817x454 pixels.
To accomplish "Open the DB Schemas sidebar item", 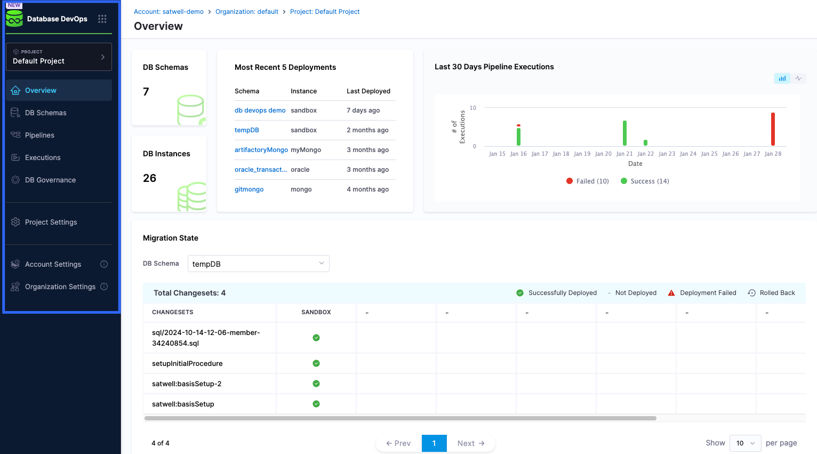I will [x=45, y=113].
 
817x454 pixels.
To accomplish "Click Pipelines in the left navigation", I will [x=39, y=135].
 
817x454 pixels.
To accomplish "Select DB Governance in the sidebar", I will [x=50, y=180].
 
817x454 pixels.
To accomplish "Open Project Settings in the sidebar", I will [x=51, y=222].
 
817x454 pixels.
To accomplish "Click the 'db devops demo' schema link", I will [x=260, y=110].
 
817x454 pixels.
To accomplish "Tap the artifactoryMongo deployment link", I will [x=261, y=150].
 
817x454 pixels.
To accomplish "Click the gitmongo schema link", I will [x=249, y=189].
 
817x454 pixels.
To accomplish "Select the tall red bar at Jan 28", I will [x=773, y=129].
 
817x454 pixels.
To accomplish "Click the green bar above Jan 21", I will [x=624, y=133].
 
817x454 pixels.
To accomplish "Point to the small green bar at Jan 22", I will [x=645, y=142].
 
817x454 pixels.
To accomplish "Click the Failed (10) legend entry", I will [x=588, y=181].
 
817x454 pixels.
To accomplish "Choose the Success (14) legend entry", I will [x=645, y=181].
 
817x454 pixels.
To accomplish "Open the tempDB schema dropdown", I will [x=258, y=264].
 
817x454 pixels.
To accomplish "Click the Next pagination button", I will [x=471, y=443].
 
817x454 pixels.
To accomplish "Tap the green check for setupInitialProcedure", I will [x=316, y=363].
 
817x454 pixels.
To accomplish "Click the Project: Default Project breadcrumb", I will [x=325, y=12].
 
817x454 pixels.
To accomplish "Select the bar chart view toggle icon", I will [x=782, y=78].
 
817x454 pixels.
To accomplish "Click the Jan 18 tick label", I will [x=560, y=154].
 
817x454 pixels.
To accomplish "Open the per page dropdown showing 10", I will [x=745, y=443].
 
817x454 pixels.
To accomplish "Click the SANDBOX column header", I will [x=316, y=312].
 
